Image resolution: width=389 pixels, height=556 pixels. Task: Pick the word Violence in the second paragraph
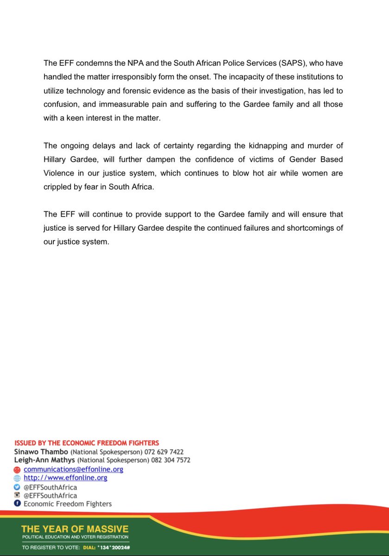tap(59, 174)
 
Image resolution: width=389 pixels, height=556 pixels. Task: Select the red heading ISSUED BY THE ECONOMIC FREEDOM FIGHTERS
tap(87, 443)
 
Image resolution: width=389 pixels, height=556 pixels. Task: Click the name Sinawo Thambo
tap(43, 452)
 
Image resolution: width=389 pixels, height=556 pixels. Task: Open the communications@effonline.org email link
tap(73, 469)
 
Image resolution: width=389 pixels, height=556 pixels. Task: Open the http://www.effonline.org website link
tap(65, 478)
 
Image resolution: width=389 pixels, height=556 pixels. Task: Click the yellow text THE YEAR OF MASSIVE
tap(75, 529)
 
